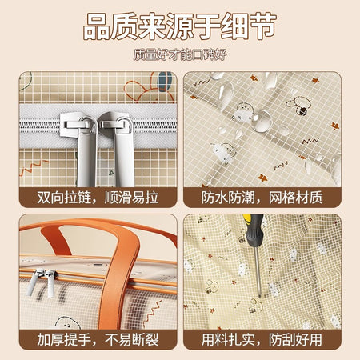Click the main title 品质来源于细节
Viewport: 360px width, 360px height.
179,26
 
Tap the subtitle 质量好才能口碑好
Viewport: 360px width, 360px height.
180,54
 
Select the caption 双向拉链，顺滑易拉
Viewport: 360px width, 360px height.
98,198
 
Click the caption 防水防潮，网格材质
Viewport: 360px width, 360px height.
262,198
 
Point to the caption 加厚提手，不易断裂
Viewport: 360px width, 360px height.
98,339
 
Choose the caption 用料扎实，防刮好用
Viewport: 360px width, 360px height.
262,339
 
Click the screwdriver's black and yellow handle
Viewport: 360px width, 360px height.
254,230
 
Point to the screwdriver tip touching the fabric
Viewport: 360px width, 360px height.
259,295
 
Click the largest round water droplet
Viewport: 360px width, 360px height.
262,121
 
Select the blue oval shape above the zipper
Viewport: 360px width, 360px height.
164,82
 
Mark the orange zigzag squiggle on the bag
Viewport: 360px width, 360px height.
154,310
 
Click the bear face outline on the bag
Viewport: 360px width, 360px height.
67,323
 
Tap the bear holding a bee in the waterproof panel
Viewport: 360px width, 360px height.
298,106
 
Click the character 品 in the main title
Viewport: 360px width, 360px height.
97,26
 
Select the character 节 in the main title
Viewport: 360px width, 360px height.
262,26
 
